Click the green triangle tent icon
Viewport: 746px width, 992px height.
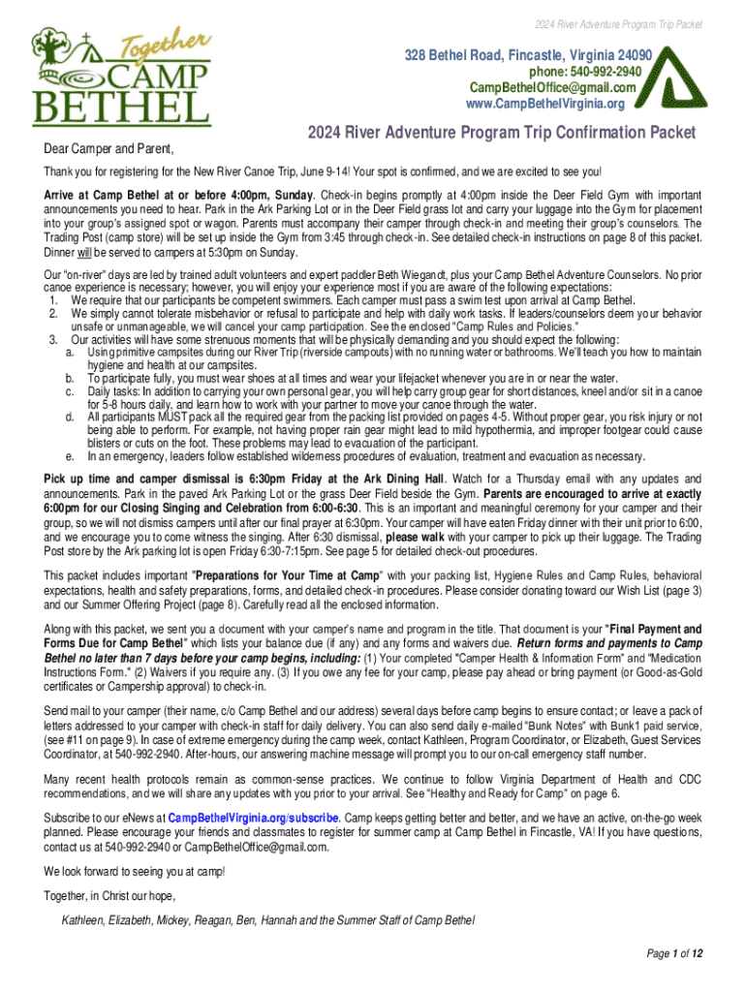coord(683,73)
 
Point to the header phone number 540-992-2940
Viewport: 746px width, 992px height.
coord(585,72)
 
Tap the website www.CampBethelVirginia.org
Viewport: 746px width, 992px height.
coord(545,103)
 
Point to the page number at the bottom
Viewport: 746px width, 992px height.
coord(674,953)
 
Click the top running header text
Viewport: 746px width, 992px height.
coord(622,23)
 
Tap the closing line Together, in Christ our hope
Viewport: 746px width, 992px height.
coord(109,896)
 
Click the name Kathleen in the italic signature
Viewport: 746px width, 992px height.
coord(84,919)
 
